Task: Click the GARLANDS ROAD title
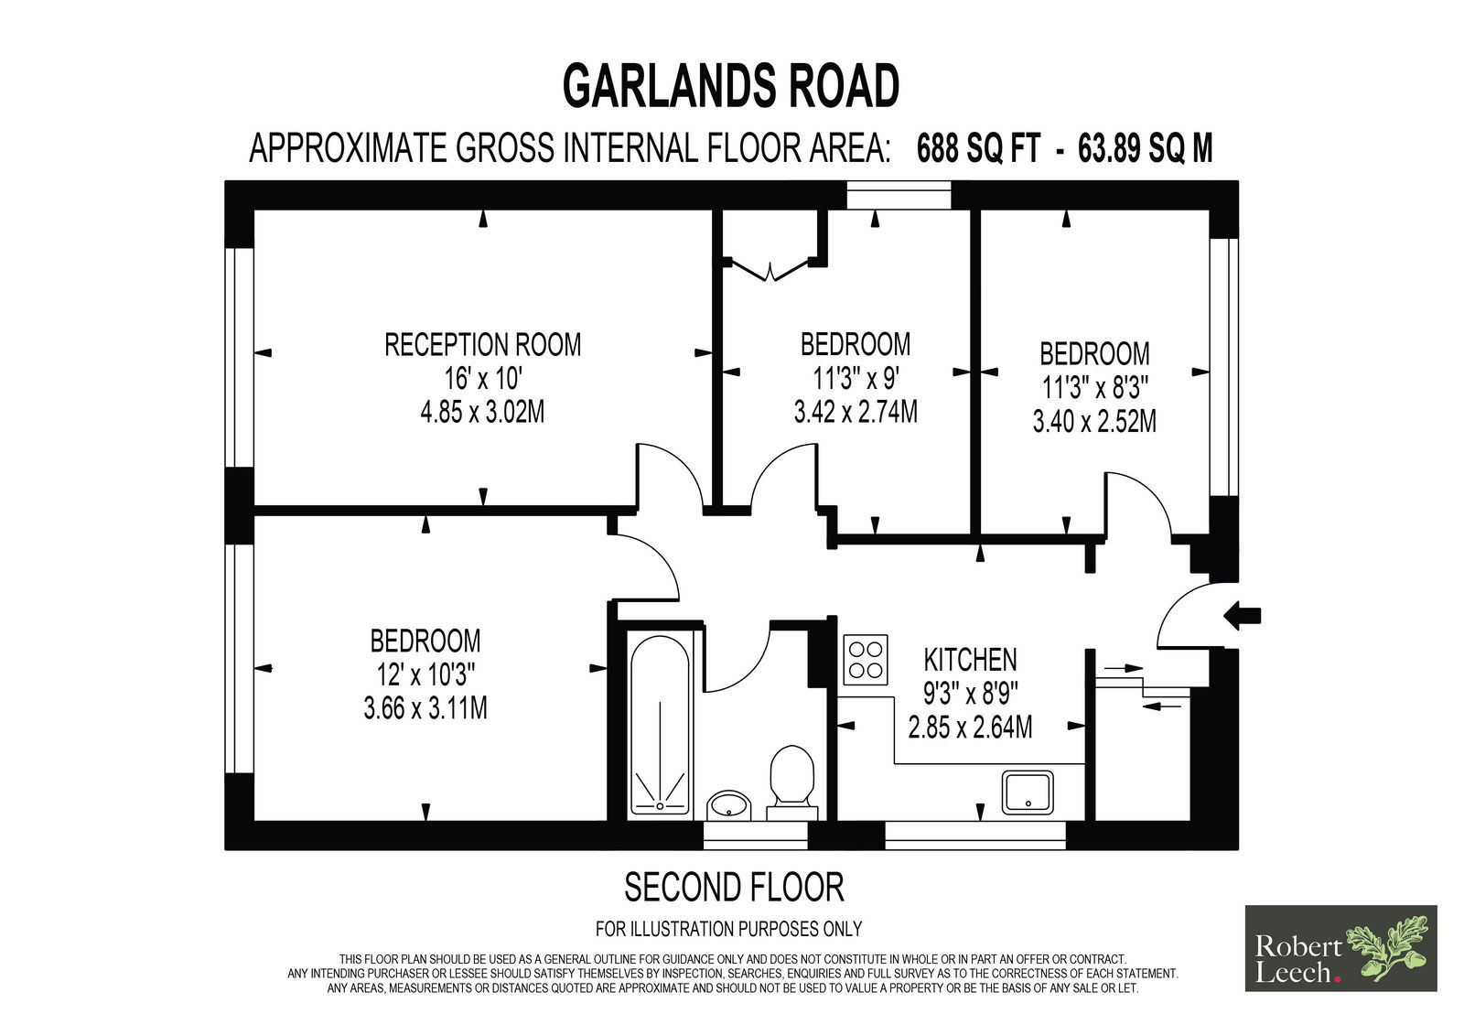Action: (731, 86)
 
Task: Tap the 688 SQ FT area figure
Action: (978, 148)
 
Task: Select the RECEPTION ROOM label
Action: (482, 345)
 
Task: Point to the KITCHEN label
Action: (970, 660)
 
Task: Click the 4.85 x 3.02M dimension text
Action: (482, 413)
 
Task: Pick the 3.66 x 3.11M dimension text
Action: (425, 708)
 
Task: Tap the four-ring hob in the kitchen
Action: (866, 659)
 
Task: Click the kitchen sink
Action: (1028, 792)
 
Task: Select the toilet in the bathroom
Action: (792, 782)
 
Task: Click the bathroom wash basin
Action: (729, 804)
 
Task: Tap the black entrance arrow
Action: (1242, 615)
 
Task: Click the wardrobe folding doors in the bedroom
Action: (771, 271)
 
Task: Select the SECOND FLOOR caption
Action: (734, 888)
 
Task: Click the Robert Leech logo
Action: (1340, 948)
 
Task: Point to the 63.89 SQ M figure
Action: (1145, 148)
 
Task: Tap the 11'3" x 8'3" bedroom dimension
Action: (1094, 388)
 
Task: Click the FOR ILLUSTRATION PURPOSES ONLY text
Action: (728, 929)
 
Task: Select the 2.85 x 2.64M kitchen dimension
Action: (970, 728)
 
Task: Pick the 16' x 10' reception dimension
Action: (482, 379)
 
